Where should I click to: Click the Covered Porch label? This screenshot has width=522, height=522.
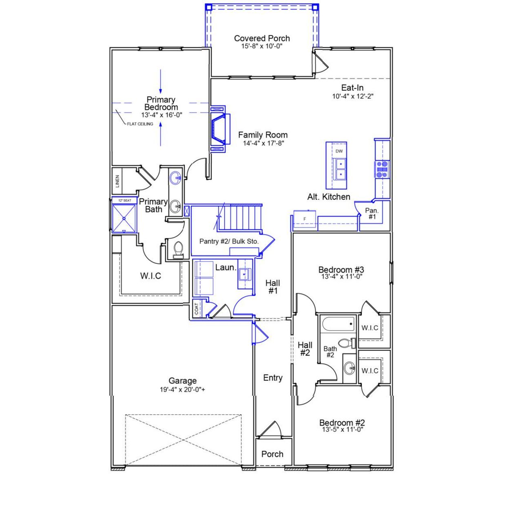(262, 38)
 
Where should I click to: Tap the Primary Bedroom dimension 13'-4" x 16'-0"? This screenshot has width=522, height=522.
(161, 115)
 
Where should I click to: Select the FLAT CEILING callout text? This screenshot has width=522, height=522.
(140, 124)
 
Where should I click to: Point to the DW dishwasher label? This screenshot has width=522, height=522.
(339, 151)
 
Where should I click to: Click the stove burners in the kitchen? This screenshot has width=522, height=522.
(382, 169)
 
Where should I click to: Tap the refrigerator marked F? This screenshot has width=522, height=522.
(305, 219)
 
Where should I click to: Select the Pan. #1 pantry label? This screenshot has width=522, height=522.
(372, 214)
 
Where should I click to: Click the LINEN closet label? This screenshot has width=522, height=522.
(117, 181)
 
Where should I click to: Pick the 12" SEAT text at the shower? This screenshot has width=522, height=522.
(124, 201)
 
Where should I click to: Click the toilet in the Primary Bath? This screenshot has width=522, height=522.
(178, 249)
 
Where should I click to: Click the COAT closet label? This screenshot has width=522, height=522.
(197, 309)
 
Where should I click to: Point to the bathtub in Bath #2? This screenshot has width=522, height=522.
(338, 325)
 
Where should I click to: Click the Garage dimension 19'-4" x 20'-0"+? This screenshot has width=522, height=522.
(182, 389)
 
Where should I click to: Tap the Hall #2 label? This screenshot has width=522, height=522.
(305, 349)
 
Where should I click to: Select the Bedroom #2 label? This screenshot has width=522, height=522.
(342, 422)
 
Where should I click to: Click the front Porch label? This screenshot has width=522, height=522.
(272, 454)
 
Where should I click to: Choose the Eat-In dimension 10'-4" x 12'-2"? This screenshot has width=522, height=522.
(353, 97)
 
